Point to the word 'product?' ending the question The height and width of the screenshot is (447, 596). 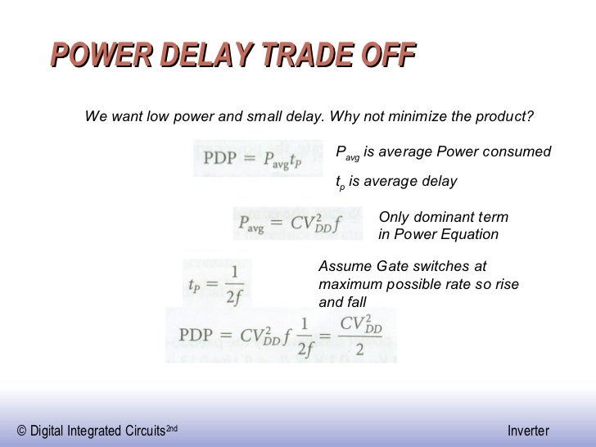click(x=504, y=117)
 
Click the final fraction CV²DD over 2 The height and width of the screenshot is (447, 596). click(x=361, y=335)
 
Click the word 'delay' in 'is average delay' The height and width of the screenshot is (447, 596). click(x=440, y=181)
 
